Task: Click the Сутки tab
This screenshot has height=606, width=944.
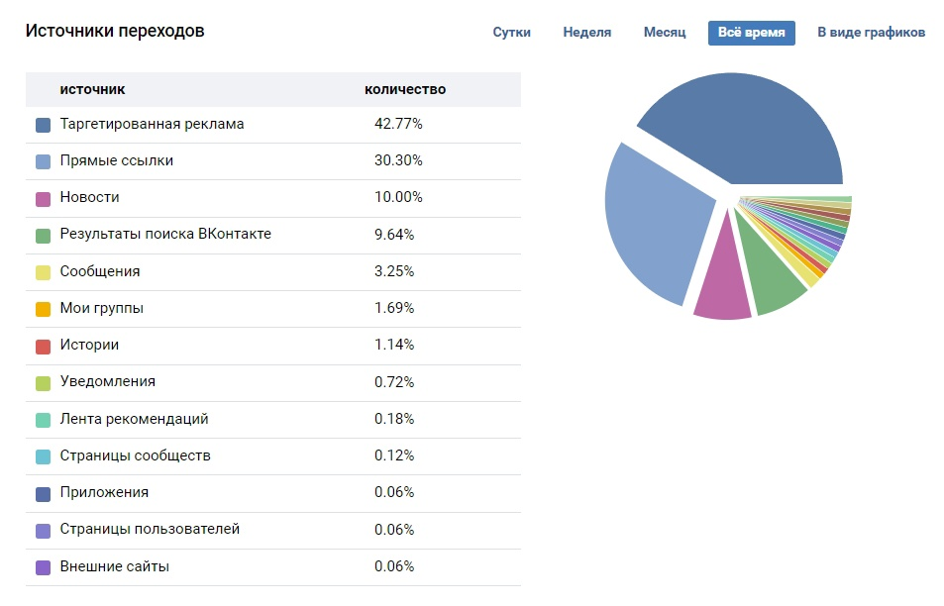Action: click(512, 33)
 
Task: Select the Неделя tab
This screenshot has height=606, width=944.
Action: click(587, 33)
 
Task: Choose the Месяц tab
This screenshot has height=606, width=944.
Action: click(665, 33)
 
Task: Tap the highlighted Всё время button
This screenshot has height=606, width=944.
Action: click(752, 33)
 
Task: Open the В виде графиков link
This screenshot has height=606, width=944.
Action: click(871, 33)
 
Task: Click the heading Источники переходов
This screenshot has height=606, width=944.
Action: click(115, 31)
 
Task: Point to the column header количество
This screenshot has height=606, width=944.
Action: click(405, 90)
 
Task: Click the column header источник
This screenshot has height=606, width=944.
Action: click(92, 90)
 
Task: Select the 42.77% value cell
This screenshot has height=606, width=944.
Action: click(398, 124)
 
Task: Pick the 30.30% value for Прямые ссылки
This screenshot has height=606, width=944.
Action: click(398, 160)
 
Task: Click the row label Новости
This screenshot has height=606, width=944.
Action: click(90, 197)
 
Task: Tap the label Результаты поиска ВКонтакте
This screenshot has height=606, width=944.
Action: click(165, 234)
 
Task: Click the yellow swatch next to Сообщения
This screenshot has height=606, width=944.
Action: click(43, 272)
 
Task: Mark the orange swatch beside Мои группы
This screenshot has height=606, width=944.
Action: click(43, 309)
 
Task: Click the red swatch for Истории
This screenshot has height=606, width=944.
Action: click(43, 347)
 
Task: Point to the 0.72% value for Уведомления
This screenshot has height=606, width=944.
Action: click(394, 382)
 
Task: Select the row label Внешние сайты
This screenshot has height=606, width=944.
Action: click(114, 566)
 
